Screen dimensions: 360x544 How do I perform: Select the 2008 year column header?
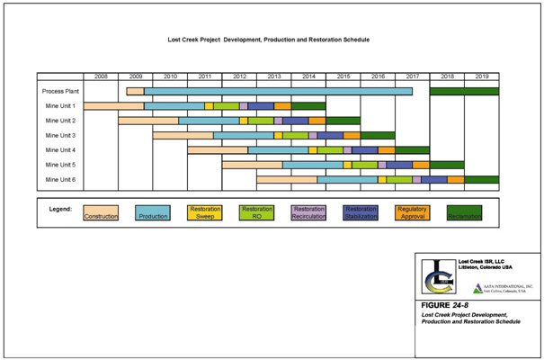coord(101,77)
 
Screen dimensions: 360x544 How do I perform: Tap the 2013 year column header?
coord(274,77)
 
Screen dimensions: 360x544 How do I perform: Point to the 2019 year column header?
coord(482,77)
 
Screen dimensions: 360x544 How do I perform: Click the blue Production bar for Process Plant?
coord(278,91)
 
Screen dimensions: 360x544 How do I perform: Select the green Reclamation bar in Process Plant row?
coord(464,91)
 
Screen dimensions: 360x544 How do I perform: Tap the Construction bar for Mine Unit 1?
coord(113,106)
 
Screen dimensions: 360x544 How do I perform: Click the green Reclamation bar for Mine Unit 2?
coord(343,121)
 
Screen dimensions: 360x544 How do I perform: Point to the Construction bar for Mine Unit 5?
coord(252,165)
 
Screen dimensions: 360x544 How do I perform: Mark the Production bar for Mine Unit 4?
coord(278,149)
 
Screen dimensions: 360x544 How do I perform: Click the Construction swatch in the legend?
coord(100,212)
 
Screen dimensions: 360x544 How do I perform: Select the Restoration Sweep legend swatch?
coord(204,212)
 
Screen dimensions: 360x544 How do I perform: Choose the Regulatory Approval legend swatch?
coord(412,212)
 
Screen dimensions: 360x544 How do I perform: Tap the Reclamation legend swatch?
coord(465,212)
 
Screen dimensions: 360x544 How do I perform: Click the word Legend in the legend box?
coord(60,208)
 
